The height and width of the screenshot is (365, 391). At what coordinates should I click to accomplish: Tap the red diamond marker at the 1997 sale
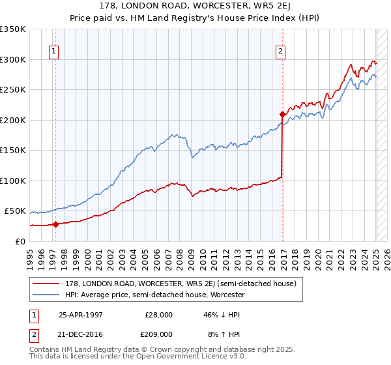[55, 224]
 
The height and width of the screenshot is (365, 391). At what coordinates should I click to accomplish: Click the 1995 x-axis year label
[30, 256]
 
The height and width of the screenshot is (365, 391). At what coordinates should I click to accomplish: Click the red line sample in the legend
[46, 284]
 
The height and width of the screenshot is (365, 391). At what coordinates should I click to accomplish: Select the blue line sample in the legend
[46, 295]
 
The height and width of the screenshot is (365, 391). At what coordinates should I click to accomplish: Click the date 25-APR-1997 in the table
[81, 314]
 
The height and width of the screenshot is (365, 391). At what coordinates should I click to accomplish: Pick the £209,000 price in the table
[159, 334]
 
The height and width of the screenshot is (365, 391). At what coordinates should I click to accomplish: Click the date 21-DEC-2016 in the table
[81, 334]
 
